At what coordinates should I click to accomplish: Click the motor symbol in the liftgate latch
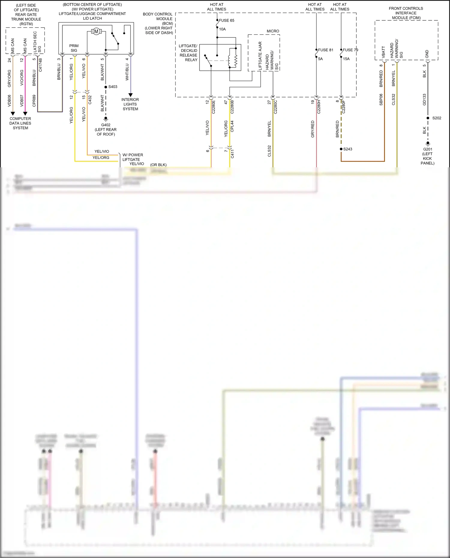click(x=96, y=31)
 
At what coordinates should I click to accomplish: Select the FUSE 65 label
click(x=226, y=20)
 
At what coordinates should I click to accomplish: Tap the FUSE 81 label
click(x=325, y=50)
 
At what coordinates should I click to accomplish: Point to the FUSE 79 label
click(x=350, y=50)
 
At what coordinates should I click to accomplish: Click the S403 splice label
click(x=113, y=87)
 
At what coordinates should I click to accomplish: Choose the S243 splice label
click(x=348, y=149)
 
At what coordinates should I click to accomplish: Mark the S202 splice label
click(x=436, y=118)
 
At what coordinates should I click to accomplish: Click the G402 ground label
click(x=106, y=125)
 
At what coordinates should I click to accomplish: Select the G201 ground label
click(x=427, y=149)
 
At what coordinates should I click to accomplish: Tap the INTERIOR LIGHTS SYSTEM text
click(x=130, y=104)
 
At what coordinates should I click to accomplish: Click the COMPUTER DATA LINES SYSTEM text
click(x=20, y=123)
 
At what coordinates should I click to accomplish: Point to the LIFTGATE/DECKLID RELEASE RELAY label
click(x=188, y=53)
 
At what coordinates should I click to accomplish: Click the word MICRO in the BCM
click(x=273, y=31)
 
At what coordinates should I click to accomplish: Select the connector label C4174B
click(x=40, y=64)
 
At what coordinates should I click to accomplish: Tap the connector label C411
click(x=232, y=153)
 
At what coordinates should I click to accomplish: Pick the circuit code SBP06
click(x=381, y=100)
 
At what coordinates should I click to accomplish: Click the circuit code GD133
click(x=424, y=100)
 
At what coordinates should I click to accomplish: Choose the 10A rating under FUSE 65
click(x=222, y=29)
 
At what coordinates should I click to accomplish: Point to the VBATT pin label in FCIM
click(x=383, y=52)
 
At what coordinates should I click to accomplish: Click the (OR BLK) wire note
click(x=158, y=165)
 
